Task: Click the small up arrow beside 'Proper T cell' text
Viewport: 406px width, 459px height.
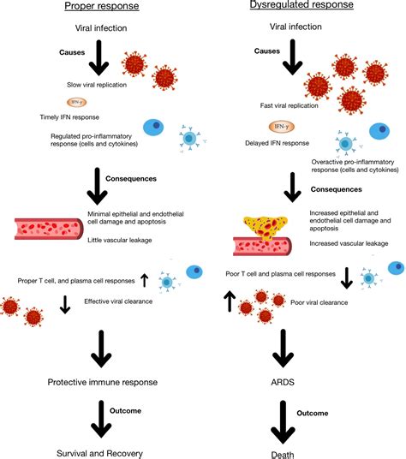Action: click(144, 279)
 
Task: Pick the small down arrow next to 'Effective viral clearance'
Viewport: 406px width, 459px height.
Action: click(64, 304)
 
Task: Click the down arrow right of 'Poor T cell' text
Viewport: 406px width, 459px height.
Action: click(346, 278)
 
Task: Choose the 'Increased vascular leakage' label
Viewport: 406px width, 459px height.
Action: click(343, 244)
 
